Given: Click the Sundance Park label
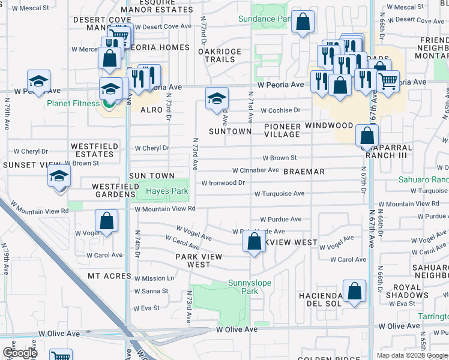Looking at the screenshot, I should pos(265,19).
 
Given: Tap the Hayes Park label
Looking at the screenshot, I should pos(163,191).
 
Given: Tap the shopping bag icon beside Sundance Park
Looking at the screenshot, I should pos(304,23).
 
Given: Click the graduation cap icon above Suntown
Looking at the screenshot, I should pos(217,98).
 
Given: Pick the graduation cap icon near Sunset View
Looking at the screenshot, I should pos(59,176).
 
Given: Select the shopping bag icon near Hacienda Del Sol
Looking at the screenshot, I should pos(355,292).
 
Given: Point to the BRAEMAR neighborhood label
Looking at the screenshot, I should pos(304,172).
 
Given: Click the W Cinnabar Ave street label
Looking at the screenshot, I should pos(255,170).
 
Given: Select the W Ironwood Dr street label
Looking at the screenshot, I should pos(223,183).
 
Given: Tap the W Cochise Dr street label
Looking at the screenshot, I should pos(280,111).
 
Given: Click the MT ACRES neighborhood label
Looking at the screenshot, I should pos(109,276).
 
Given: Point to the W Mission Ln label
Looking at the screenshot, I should pos(154,278).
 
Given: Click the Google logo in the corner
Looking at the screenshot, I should pos(19,352).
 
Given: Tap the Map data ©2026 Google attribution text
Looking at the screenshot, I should pos(412,355).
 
